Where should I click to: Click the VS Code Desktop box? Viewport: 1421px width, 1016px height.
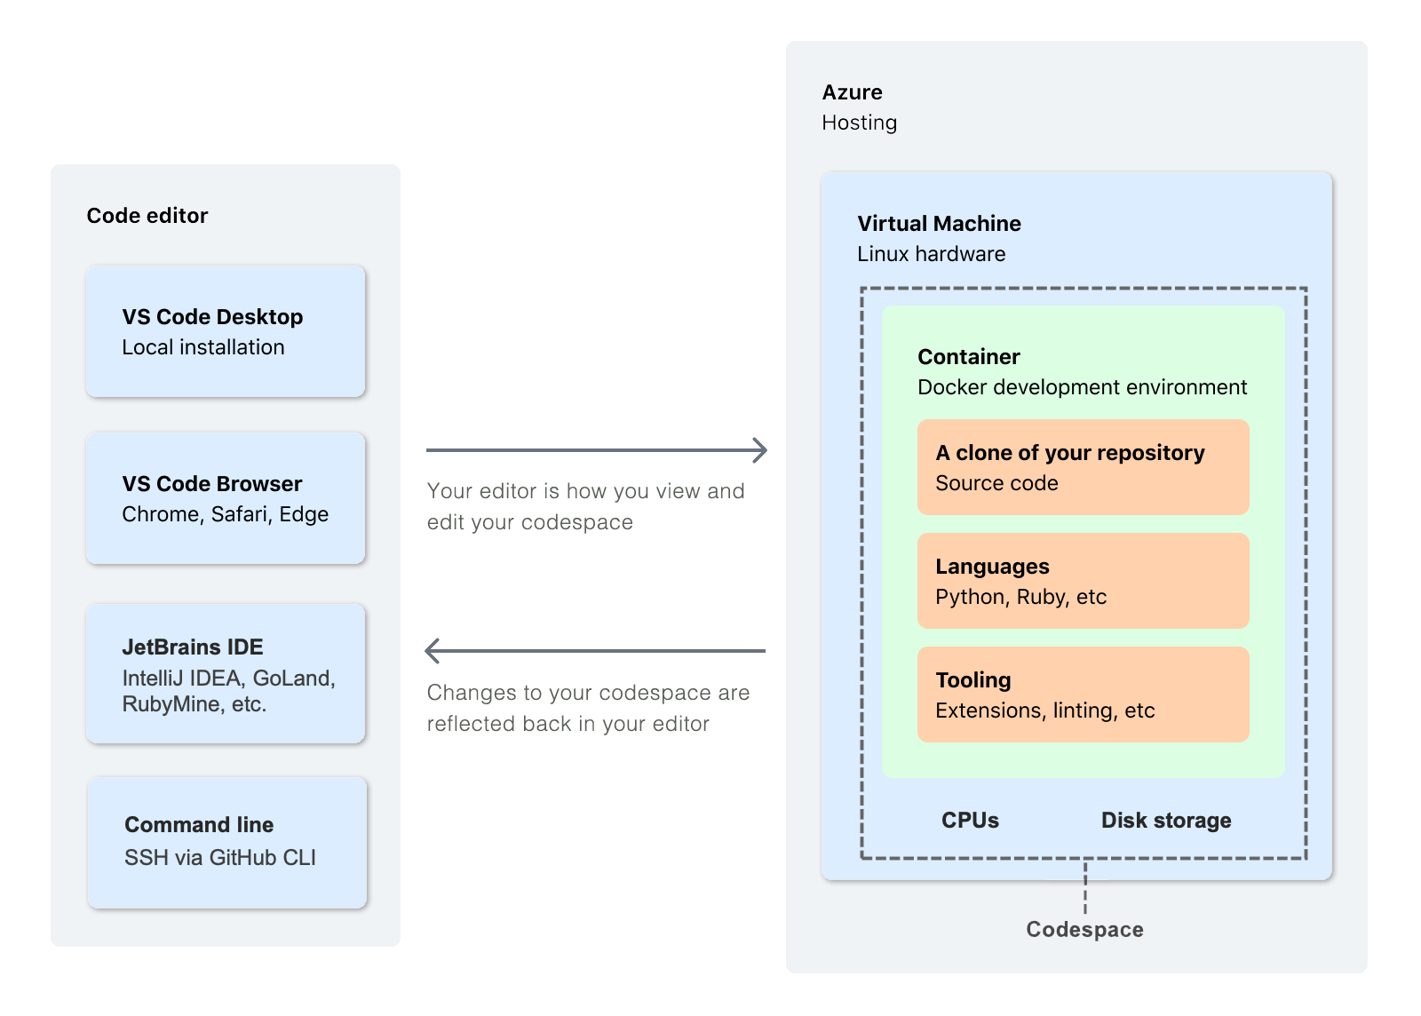226,330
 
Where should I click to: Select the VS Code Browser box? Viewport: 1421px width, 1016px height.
226,497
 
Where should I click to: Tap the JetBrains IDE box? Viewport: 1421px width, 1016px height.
226,673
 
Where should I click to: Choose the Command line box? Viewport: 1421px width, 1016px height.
226,842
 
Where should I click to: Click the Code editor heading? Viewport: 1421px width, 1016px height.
147,216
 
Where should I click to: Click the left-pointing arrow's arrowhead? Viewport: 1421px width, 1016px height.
433,651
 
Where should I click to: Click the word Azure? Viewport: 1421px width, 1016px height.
852,92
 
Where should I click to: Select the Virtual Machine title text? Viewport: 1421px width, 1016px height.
939,224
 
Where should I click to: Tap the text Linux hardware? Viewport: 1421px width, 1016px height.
931,254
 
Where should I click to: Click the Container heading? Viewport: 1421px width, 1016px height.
968,357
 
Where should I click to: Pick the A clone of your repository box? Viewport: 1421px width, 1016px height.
1083,467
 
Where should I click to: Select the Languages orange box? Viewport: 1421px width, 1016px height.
1083,581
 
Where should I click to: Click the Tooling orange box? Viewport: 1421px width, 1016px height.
1083,695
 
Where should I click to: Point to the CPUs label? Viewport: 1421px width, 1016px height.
970,821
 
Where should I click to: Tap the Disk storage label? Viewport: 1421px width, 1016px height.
1165,821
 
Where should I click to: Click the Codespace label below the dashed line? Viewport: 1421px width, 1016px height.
1084,930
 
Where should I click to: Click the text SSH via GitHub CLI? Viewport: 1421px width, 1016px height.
219,858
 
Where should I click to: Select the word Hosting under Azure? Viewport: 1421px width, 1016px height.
859,123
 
